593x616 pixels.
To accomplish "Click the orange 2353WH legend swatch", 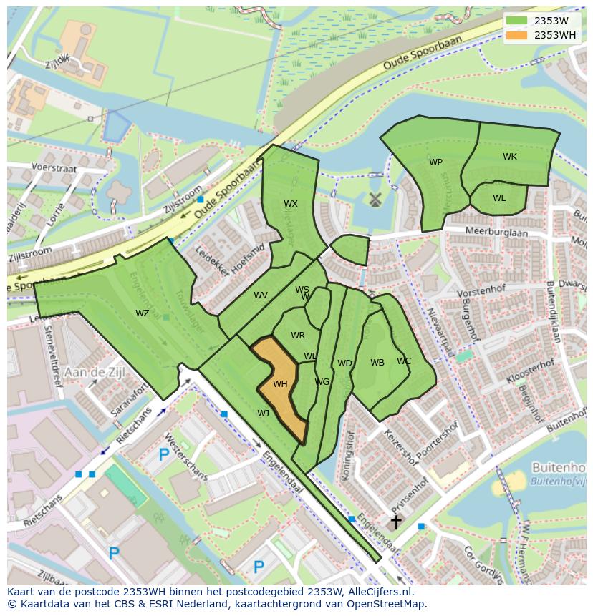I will coord(516,35).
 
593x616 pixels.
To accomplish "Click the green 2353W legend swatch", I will coord(516,20).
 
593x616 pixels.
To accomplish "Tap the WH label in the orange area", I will coord(280,384).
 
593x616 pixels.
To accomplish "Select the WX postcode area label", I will coord(290,204).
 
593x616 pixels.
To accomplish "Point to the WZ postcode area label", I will coord(143,313).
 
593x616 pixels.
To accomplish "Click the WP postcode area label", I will coord(435,162).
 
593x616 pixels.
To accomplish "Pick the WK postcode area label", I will coord(509,157).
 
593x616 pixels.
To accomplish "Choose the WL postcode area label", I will coord(499,198).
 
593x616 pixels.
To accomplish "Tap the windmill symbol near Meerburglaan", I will coord(373,200).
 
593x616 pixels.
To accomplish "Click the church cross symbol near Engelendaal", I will coord(395,522).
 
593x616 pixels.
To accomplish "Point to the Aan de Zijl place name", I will coord(95,372).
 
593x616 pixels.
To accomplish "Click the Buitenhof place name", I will coord(559,467).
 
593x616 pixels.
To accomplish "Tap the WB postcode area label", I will coord(377,363).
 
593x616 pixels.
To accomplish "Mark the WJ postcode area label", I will coord(263,413).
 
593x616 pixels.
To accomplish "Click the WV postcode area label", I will coord(260,295).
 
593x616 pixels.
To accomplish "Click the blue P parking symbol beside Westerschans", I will coord(163,454).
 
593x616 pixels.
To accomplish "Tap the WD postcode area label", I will coord(344,363).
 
